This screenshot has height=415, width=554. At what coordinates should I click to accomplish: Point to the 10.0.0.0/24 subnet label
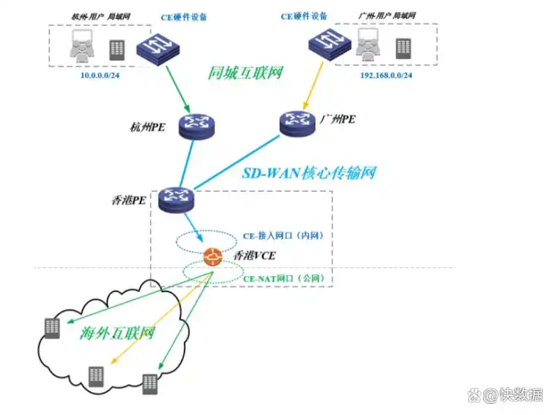coord(99,74)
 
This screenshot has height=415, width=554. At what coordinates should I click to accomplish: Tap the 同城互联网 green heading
coord(246,72)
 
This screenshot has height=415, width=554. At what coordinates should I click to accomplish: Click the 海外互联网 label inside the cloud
coord(116,334)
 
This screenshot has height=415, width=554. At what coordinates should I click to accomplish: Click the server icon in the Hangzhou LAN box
coord(117,49)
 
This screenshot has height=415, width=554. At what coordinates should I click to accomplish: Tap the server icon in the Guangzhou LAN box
coord(403,48)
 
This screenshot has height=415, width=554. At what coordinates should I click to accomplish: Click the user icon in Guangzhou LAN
coord(367,47)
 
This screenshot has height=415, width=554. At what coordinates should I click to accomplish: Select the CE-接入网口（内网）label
coord(283,236)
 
